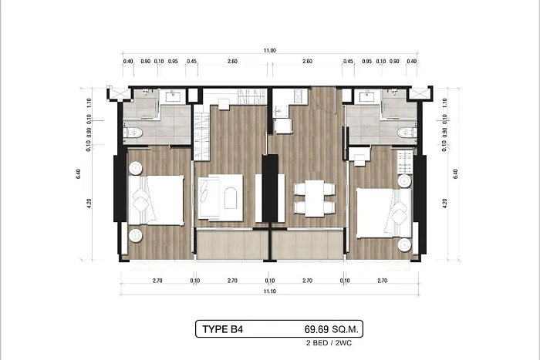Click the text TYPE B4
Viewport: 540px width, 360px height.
(222, 329)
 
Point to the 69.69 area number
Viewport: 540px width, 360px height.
(316, 329)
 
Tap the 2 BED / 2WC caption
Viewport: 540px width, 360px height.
(329, 343)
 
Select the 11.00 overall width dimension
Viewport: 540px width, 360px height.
(270, 51)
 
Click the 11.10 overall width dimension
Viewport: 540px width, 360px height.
(270, 291)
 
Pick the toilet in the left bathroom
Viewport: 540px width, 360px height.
(133, 133)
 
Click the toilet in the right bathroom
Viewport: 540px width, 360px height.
(407, 133)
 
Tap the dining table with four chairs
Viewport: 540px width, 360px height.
(315, 199)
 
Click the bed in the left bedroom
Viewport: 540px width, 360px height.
(156, 200)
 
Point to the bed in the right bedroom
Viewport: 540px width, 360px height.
(384, 213)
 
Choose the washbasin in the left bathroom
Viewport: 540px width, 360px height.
(174, 96)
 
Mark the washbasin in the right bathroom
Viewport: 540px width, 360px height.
(367, 96)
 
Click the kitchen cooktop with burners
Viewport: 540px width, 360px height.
(299, 96)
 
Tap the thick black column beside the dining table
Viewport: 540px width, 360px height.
(270, 188)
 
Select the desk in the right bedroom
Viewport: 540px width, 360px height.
(359, 154)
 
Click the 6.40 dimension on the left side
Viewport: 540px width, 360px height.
(79, 173)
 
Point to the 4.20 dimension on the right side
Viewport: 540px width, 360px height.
(444, 204)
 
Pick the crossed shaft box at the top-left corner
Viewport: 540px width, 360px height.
(120, 93)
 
